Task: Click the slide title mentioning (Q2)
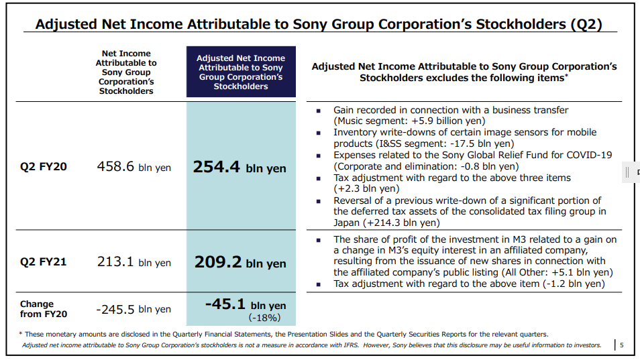(x=318, y=24)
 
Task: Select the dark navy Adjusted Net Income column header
(x=240, y=72)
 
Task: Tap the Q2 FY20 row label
(x=43, y=166)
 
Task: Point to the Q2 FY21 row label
(x=43, y=261)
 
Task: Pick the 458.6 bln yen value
(x=134, y=166)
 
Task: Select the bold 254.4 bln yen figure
(x=239, y=167)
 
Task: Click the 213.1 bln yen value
(x=134, y=261)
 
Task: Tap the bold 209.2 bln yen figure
(x=239, y=262)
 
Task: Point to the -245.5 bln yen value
(x=133, y=309)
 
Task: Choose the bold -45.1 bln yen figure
(x=245, y=305)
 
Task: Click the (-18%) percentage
(x=264, y=318)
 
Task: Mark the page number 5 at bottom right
(x=621, y=345)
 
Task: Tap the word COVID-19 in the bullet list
(x=588, y=155)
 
